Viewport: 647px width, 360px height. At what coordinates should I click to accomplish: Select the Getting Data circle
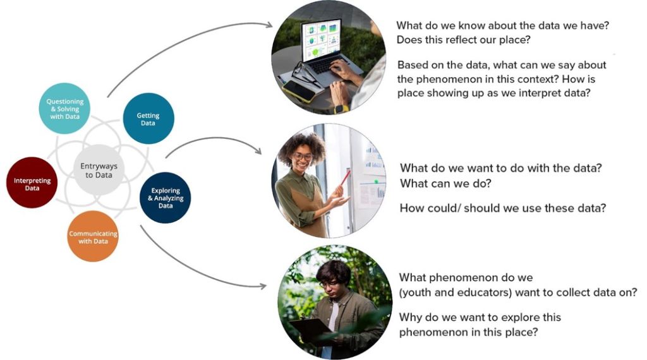click(x=148, y=119)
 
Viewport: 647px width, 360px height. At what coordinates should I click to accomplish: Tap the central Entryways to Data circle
click(x=99, y=170)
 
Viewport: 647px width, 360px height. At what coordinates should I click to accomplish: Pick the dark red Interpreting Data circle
click(x=32, y=183)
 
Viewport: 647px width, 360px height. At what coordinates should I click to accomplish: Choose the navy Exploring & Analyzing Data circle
click(x=165, y=198)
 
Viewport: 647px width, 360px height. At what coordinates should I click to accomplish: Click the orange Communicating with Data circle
click(x=93, y=237)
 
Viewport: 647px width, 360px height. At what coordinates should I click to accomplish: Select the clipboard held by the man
click(x=309, y=328)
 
